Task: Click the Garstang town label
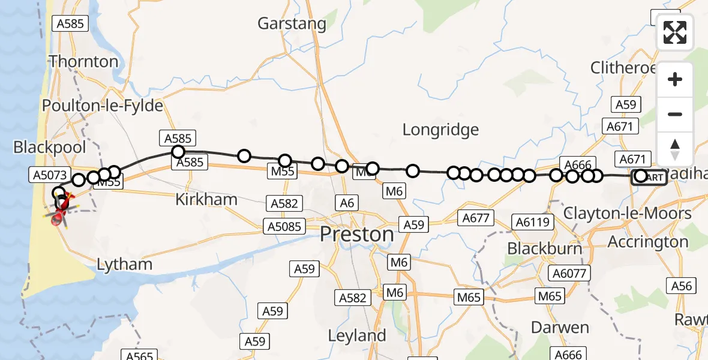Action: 292,24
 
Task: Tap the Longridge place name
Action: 440,130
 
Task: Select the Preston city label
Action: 357,234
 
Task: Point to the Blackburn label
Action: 545,248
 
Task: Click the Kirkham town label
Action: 206,200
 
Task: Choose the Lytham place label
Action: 124,264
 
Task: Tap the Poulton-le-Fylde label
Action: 103,106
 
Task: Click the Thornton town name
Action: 83,62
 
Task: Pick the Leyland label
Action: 357,336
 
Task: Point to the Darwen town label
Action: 560,328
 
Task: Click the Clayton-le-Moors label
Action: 628,214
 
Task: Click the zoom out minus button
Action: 675,114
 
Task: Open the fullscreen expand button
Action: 675,32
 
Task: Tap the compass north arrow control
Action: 675,149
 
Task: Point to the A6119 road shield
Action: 532,223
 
